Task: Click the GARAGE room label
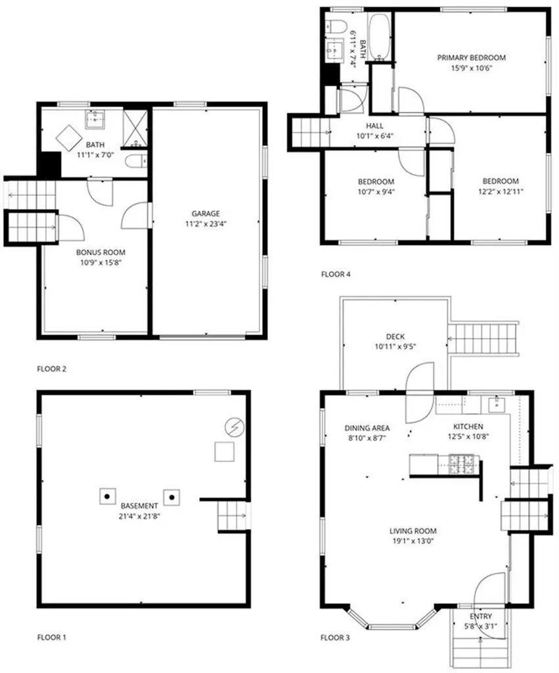(206, 214)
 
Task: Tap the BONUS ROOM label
(101, 252)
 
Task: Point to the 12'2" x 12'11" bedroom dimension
(501, 192)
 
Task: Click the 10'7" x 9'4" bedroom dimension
(376, 192)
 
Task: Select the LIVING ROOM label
(413, 531)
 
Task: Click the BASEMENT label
(139, 506)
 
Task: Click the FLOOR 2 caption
(52, 369)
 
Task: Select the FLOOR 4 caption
(335, 274)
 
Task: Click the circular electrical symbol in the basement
(233, 427)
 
